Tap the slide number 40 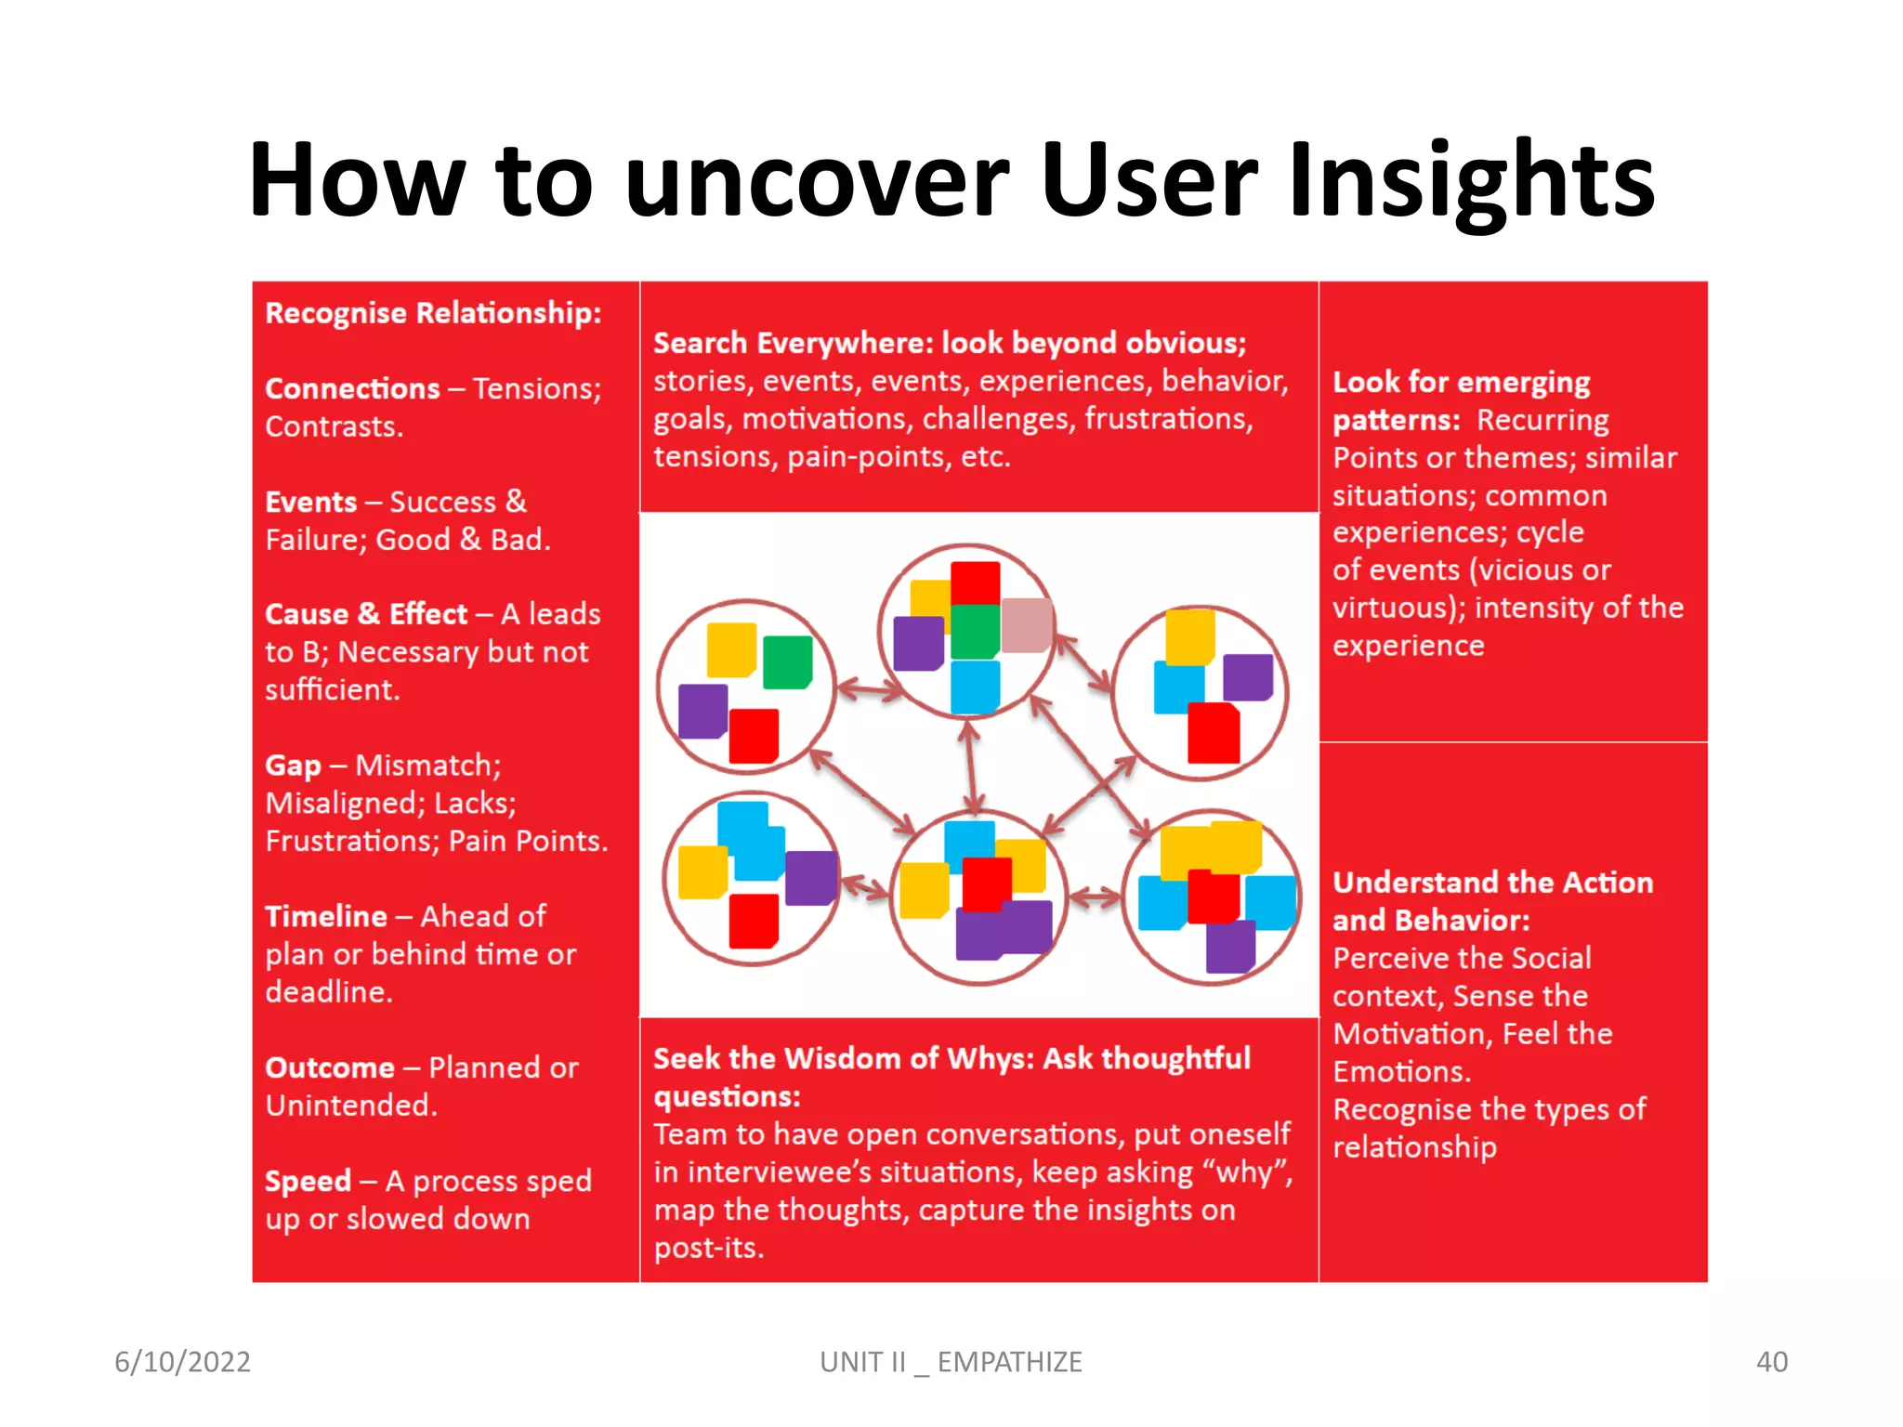(1771, 1361)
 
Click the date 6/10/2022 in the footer (182, 1361)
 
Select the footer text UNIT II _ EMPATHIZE (951, 1361)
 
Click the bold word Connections (352, 388)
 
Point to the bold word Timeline (325, 916)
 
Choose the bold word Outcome (329, 1067)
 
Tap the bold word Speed (308, 1181)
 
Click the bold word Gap (293, 766)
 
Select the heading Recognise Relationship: (433, 313)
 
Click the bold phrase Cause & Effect (365, 614)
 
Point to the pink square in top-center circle (1026, 624)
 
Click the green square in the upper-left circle (787, 661)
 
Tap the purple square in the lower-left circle (811, 878)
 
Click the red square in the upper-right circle (1214, 733)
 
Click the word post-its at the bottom (707, 1248)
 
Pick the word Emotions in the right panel (1400, 1071)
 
